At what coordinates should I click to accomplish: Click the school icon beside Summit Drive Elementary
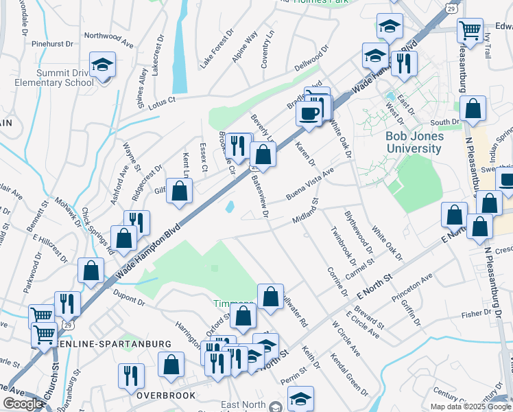103,67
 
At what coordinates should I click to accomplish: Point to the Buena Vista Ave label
309,183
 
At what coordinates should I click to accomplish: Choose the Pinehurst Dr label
52,43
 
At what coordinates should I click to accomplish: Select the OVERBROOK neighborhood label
166,396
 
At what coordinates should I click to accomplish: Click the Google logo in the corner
22,404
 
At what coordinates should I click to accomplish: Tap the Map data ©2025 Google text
471,407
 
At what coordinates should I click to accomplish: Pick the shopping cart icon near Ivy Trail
470,30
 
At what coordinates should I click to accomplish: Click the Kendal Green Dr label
349,374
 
